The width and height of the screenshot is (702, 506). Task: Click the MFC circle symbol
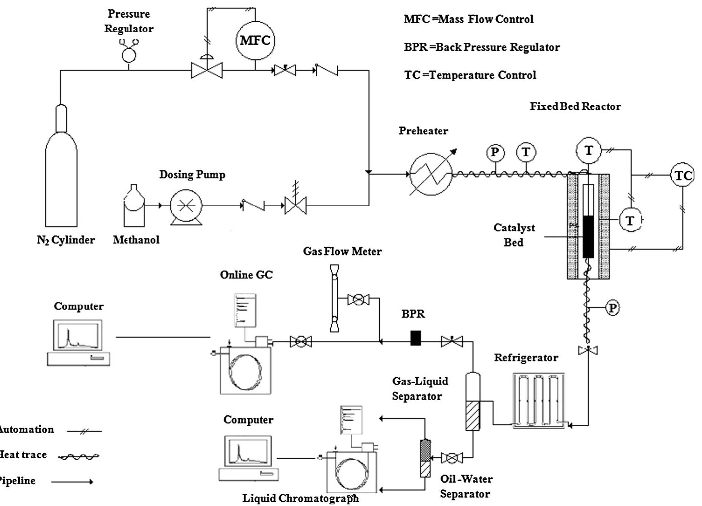(x=255, y=40)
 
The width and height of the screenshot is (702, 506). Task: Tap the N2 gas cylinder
(x=61, y=173)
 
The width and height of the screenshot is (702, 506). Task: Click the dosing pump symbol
(x=186, y=206)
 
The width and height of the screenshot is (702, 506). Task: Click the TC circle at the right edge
(x=682, y=176)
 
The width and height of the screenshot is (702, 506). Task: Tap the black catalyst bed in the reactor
(x=588, y=237)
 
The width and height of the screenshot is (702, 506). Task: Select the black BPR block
(x=416, y=338)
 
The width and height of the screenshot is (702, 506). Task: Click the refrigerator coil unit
(x=539, y=400)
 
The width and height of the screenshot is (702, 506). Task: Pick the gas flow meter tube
(x=334, y=298)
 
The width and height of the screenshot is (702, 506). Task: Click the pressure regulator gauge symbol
(x=129, y=52)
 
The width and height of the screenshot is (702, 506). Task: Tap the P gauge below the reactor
(x=612, y=308)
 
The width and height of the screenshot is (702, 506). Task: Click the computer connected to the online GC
(x=78, y=342)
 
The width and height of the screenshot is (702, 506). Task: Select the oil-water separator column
(x=425, y=458)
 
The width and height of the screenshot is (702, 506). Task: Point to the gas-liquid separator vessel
(x=473, y=402)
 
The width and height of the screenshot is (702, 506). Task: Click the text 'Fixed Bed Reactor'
(x=575, y=107)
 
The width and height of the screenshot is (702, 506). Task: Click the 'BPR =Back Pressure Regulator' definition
(x=482, y=48)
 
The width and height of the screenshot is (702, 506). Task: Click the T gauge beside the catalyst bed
(x=630, y=220)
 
